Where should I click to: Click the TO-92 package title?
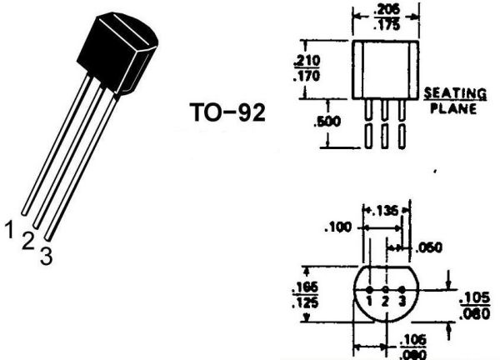pyautogui.click(x=227, y=112)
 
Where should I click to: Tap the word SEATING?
pyautogui.click(x=455, y=93)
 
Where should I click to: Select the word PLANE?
pyautogui.click(x=453, y=108)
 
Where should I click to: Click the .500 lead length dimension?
pyautogui.click(x=327, y=122)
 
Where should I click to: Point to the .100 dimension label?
pyautogui.click(x=337, y=227)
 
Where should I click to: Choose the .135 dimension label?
pyautogui.click(x=385, y=211)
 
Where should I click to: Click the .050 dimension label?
pyautogui.click(x=429, y=247)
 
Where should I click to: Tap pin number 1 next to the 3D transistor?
pyautogui.click(x=9, y=230)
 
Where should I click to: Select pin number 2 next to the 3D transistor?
pyautogui.click(x=28, y=242)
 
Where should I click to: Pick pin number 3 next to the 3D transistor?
pyautogui.click(x=46, y=256)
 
